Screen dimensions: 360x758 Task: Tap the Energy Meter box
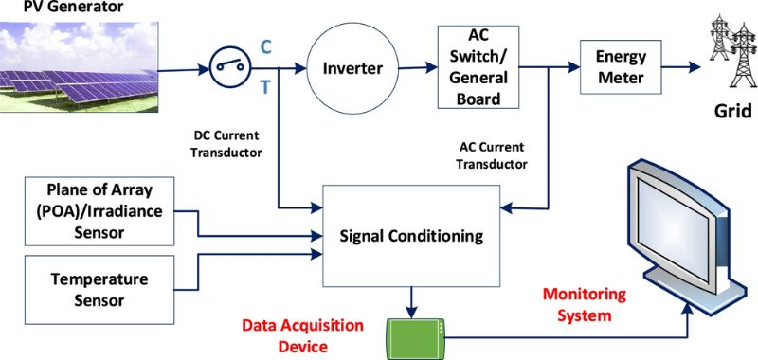pos(621,67)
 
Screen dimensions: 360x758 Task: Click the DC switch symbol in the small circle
pos(228,67)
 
